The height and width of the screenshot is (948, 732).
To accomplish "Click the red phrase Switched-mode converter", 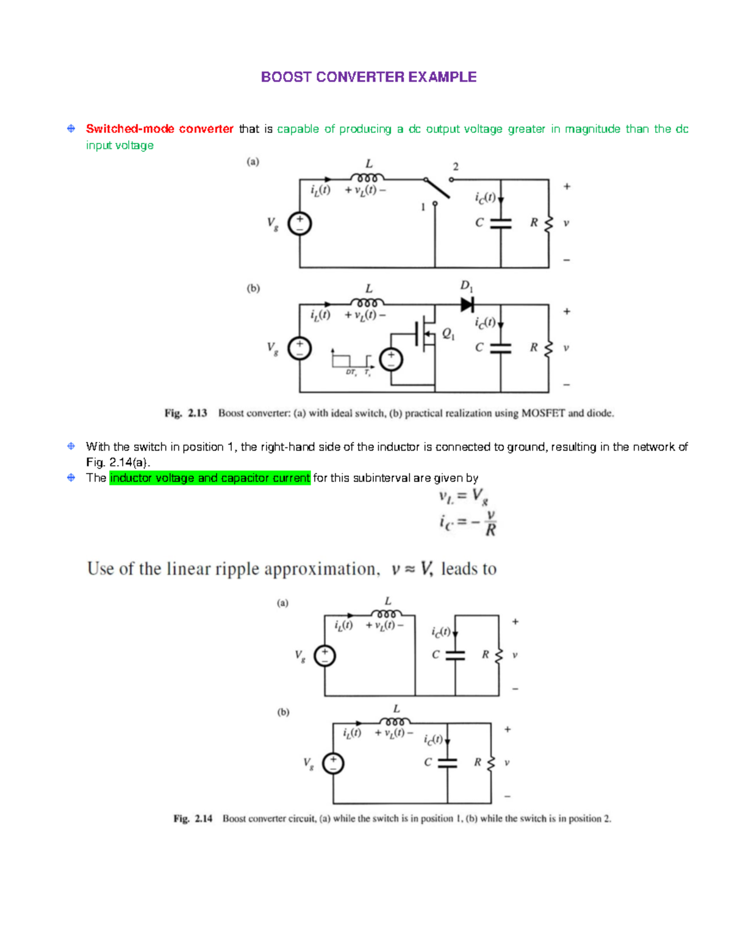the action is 159,129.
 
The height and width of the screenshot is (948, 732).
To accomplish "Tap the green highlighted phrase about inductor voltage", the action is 210,478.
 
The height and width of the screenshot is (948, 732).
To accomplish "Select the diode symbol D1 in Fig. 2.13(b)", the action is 467,304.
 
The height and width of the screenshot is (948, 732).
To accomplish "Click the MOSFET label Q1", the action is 448,334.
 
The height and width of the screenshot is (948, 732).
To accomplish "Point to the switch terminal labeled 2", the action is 451,179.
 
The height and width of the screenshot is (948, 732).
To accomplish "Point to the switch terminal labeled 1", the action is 435,203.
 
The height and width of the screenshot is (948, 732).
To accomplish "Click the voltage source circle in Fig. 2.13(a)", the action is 300,223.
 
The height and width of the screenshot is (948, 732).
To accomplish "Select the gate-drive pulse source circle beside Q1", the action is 391,360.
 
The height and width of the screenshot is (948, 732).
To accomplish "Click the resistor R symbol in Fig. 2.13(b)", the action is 548,348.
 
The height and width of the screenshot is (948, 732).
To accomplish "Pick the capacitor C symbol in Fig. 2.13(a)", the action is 501,223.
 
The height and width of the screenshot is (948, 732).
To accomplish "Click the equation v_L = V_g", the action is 464,497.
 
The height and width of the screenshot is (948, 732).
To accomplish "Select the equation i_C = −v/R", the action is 467,523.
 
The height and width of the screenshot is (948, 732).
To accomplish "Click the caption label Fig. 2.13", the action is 185,413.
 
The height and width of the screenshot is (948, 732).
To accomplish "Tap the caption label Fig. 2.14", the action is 193,819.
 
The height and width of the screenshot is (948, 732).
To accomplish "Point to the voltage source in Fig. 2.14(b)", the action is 333,763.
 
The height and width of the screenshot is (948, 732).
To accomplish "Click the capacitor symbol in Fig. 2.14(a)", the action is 455,655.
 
